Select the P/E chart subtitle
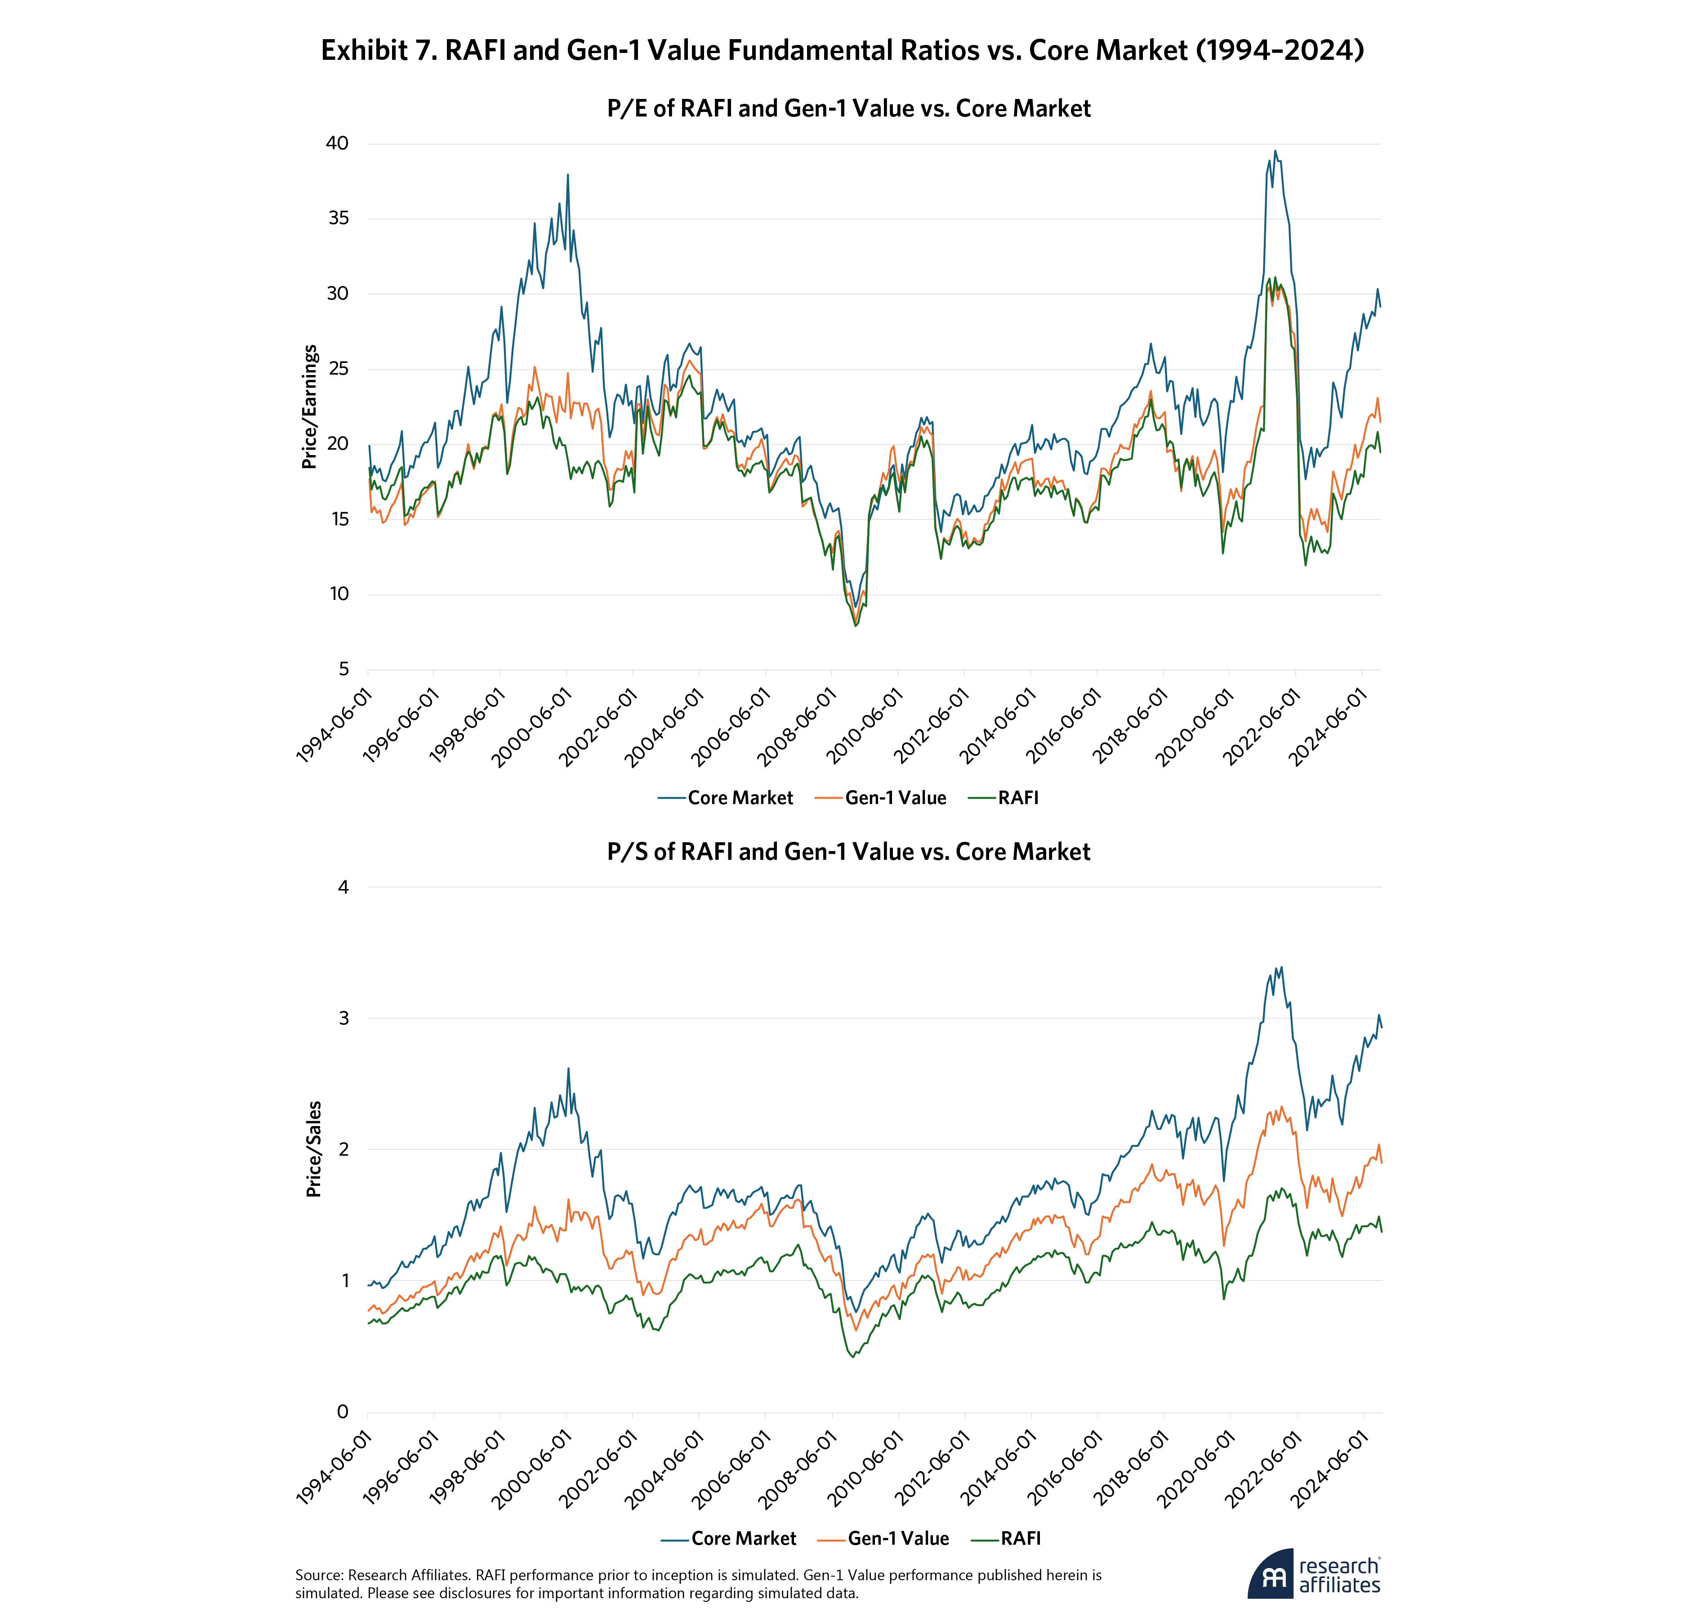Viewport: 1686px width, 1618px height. click(848, 108)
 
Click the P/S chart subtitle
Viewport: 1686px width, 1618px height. click(848, 852)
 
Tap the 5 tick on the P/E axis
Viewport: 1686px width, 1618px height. click(343, 669)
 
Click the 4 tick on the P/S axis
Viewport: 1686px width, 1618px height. click(343, 887)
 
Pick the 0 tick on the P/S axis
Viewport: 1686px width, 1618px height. click(343, 1412)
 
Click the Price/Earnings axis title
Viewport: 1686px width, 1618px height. click(310, 407)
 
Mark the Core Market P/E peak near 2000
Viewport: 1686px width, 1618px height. click(568, 174)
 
